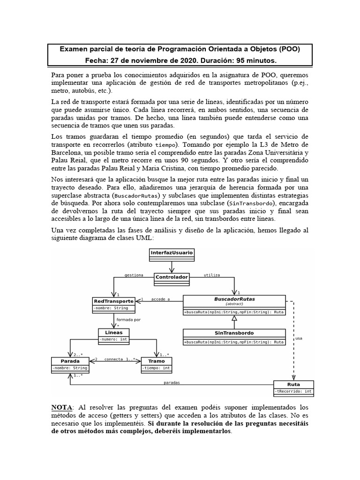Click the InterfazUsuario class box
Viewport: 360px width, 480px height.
pos(172,253)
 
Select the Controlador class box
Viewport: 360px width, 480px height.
pos(172,277)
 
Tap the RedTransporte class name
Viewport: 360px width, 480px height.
pos(114,300)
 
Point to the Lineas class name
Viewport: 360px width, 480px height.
pos(111,332)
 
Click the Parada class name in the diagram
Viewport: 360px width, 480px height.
pos(70,361)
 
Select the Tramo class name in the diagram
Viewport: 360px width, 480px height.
pos(156,361)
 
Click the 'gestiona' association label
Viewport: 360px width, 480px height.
pos(134,275)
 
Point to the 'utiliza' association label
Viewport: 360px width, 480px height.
pos(212,275)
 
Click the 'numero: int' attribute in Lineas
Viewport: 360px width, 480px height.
pos(112,339)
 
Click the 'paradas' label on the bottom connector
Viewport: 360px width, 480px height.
pos(171,382)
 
